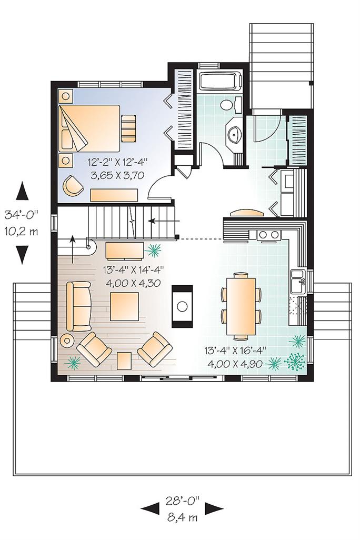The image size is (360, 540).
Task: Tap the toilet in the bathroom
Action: click(x=227, y=105)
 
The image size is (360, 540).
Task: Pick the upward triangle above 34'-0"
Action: click(x=21, y=191)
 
